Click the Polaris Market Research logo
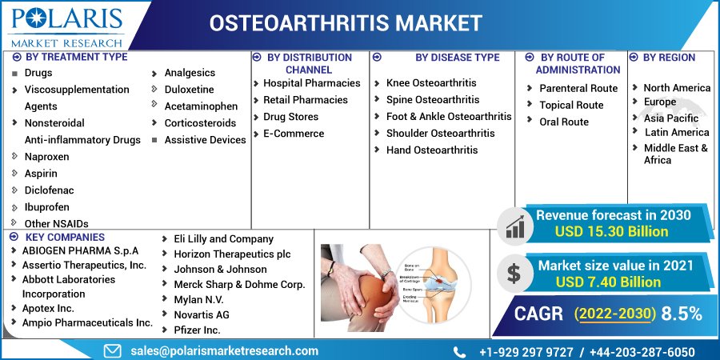[66, 26]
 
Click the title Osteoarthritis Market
[346, 23]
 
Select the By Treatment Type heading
[76, 57]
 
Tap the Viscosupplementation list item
[76, 90]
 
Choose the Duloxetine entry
[189, 90]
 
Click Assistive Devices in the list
[205, 140]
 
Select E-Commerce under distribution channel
[294, 134]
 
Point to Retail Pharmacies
[306, 100]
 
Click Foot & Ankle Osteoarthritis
[448, 117]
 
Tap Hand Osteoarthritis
[432, 150]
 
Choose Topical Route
[571, 105]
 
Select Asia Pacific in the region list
[671, 118]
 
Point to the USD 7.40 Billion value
[608, 282]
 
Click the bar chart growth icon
[514, 225]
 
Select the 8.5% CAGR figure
[682, 313]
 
